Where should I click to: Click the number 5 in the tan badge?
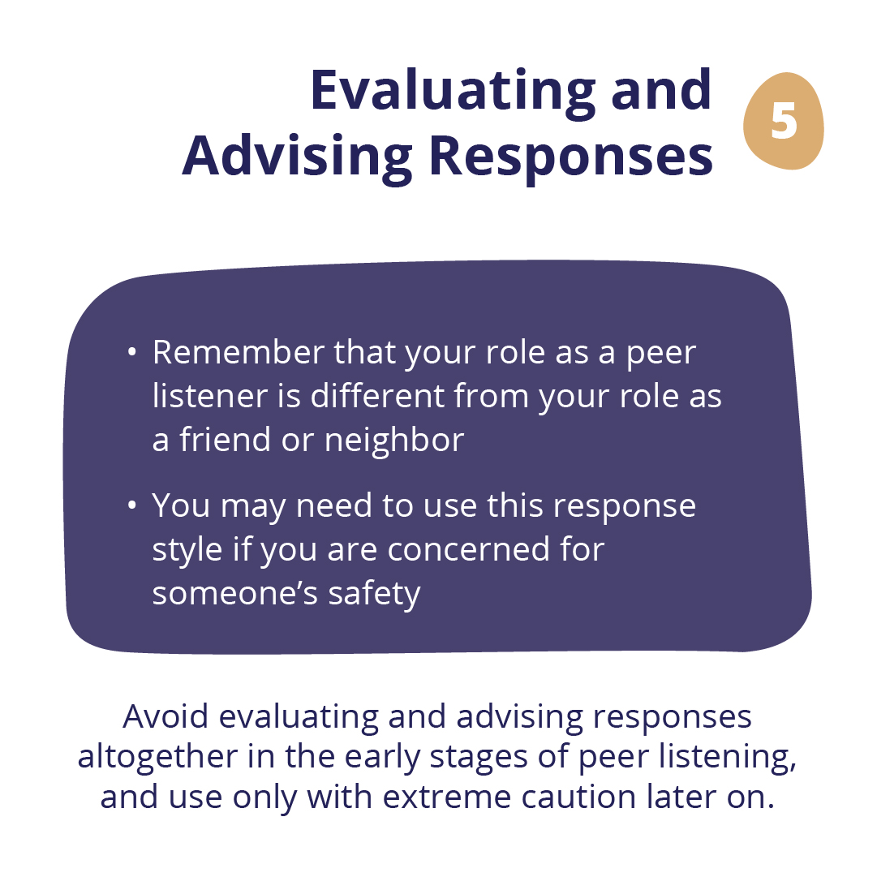click(783, 121)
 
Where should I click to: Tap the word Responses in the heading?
click(571, 156)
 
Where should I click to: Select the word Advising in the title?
click(298, 156)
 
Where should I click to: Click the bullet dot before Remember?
click(132, 352)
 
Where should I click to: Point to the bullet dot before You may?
click(132, 505)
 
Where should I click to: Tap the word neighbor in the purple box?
click(394, 440)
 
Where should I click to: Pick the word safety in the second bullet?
click(374, 594)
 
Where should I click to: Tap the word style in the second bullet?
click(187, 550)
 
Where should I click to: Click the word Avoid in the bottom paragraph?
click(166, 716)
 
